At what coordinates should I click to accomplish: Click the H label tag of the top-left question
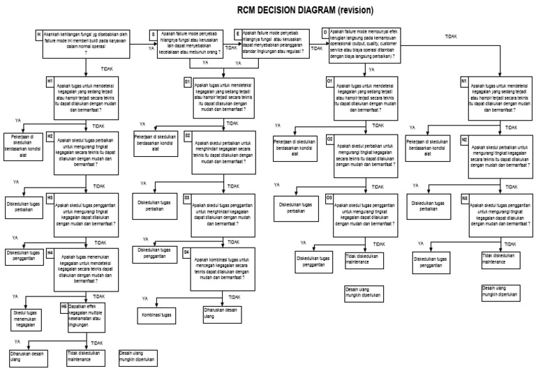pyautogui.click(x=38, y=33)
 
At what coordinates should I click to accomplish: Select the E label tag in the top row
pyautogui.click(x=238, y=33)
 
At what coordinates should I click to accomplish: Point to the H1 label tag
pyautogui.click(x=50, y=82)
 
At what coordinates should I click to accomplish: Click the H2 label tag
pyautogui.click(x=50, y=136)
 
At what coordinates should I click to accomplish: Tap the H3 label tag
pyautogui.click(x=50, y=198)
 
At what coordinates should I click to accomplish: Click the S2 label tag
pyautogui.click(x=187, y=135)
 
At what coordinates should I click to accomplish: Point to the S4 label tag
pyautogui.click(x=186, y=250)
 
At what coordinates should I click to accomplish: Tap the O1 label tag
pyautogui.click(x=329, y=82)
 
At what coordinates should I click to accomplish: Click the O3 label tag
pyautogui.click(x=329, y=197)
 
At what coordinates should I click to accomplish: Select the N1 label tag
pyautogui.click(x=463, y=82)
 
